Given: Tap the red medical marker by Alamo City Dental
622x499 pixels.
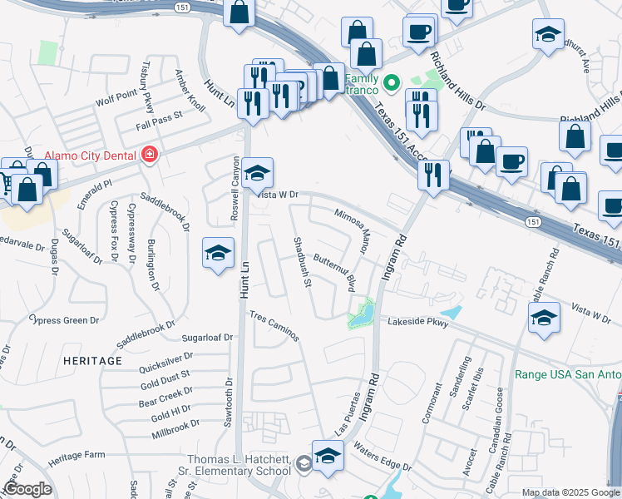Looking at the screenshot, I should pyautogui.click(x=150, y=155).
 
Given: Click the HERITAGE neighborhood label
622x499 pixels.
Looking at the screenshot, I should pyautogui.click(x=92, y=362).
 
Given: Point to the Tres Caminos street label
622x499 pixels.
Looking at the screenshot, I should pyautogui.click(x=274, y=326).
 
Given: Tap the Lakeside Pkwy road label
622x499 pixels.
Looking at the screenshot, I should pyautogui.click(x=414, y=321).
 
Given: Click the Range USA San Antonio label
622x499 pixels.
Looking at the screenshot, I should pyautogui.click(x=568, y=375).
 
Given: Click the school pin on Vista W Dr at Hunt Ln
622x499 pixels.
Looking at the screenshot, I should pyautogui.click(x=258, y=173).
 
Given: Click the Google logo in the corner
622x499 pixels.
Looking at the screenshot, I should pyautogui.click(x=27, y=489).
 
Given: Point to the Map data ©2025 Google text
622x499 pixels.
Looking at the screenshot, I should pyautogui.click(x=570, y=492).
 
